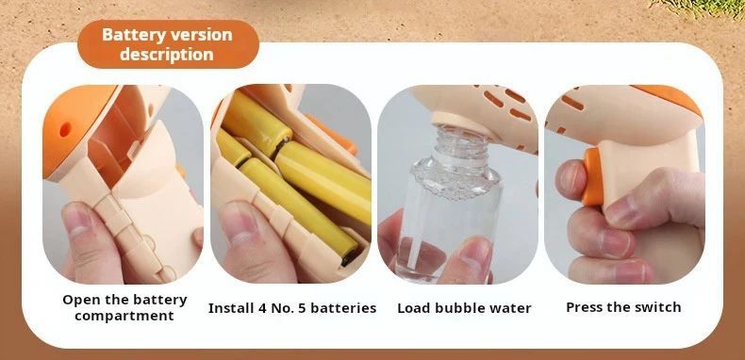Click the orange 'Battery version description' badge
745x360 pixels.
tap(168, 44)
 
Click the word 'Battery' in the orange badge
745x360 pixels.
tap(133, 35)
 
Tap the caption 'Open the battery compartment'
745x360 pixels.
tap(124, 307)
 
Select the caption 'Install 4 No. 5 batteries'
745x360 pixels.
tap(292, 308)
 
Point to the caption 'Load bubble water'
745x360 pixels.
tap(464, 308)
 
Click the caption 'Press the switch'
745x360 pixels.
tap(623, 307)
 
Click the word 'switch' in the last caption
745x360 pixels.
tap(658, 307)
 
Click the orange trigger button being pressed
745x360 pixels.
tap(592, 176)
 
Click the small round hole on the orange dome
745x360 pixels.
tap(65, 129)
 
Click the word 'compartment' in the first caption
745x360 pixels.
tap(124, 316)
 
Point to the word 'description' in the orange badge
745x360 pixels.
tap(167, 54)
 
